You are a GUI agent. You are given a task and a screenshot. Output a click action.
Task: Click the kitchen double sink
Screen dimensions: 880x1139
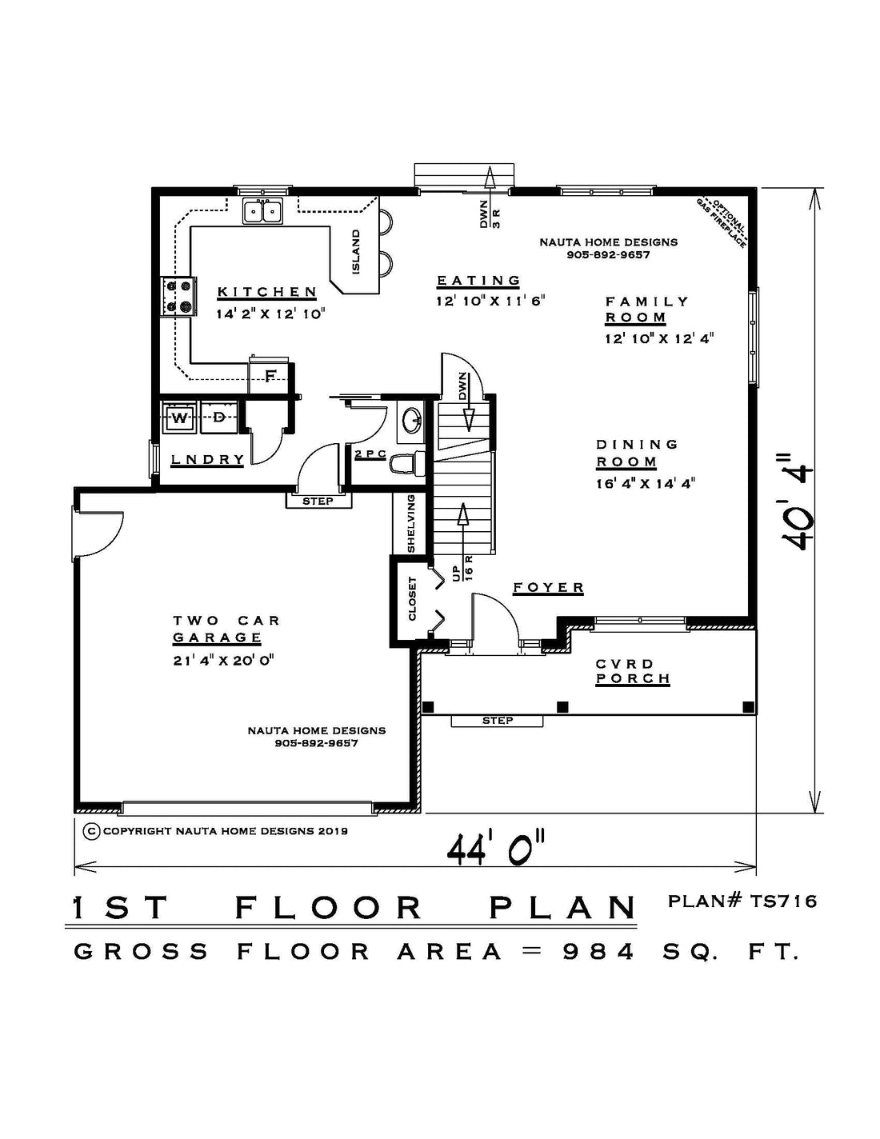[262, 212]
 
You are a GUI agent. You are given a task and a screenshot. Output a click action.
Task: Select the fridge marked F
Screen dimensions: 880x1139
[270, 375]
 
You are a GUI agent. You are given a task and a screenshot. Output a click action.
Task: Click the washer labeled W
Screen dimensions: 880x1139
[179, 418]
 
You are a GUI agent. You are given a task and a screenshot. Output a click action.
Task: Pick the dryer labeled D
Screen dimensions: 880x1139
[220, 418]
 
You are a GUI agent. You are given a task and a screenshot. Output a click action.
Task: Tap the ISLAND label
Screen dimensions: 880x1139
[356, 252]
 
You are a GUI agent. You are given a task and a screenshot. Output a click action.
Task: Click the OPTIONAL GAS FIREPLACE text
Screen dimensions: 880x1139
[722, 223]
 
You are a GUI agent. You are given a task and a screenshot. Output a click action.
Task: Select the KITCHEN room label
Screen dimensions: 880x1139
[267, 292]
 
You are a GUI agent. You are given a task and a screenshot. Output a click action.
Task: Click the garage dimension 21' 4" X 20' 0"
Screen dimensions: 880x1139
[224, 661]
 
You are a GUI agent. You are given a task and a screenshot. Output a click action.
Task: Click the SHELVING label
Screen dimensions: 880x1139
[411, 523]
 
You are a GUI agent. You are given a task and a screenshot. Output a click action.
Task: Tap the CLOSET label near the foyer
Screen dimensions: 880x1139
[413, 598]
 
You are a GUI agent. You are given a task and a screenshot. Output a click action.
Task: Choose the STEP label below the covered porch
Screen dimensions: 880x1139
[498, 721]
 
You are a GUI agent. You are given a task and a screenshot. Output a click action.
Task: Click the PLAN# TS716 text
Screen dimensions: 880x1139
[742, 901]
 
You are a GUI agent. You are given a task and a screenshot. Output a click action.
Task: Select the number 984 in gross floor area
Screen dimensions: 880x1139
[598, 952]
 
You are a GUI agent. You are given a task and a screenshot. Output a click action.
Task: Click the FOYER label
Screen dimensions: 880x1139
[548, 588]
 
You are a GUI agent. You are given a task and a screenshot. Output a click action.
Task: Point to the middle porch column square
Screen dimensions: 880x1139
[562, 706]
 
